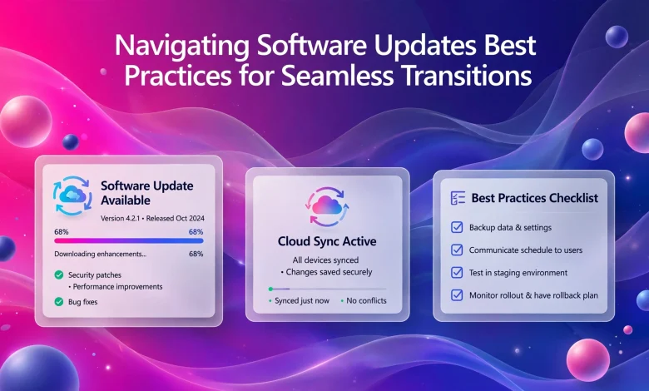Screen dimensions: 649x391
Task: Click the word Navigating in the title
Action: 181,47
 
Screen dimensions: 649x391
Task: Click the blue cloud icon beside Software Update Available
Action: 72,195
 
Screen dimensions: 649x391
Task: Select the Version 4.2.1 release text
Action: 152,219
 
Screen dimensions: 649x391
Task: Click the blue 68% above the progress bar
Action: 196,232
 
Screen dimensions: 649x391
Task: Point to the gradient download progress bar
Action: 129,240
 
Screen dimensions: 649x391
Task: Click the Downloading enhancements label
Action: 100,254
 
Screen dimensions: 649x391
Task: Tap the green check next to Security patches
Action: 59,275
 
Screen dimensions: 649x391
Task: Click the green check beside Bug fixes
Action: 59,302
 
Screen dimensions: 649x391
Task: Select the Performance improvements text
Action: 117,287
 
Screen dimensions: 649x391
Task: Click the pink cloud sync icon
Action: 327,206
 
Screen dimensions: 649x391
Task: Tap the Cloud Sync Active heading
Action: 327,241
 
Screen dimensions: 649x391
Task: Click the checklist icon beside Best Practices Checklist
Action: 458,198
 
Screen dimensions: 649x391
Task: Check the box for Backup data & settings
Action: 457,227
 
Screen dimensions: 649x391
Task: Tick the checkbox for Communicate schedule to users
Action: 457,250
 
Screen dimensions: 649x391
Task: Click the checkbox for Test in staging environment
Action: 457,273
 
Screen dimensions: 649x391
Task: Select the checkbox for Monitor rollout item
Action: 457,295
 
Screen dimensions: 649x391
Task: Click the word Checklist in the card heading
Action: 573,198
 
